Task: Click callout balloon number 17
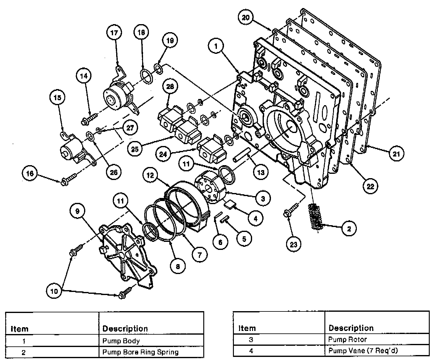click(114, 32)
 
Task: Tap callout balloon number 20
click(246, 18)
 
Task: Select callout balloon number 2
click(349, 229)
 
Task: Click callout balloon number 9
click(77, 211)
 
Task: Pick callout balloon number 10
click(54, 291)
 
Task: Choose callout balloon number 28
click(170, 87)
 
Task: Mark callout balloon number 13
click(261, 172)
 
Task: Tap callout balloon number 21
click(396, 153)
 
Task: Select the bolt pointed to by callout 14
click(89, 119)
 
